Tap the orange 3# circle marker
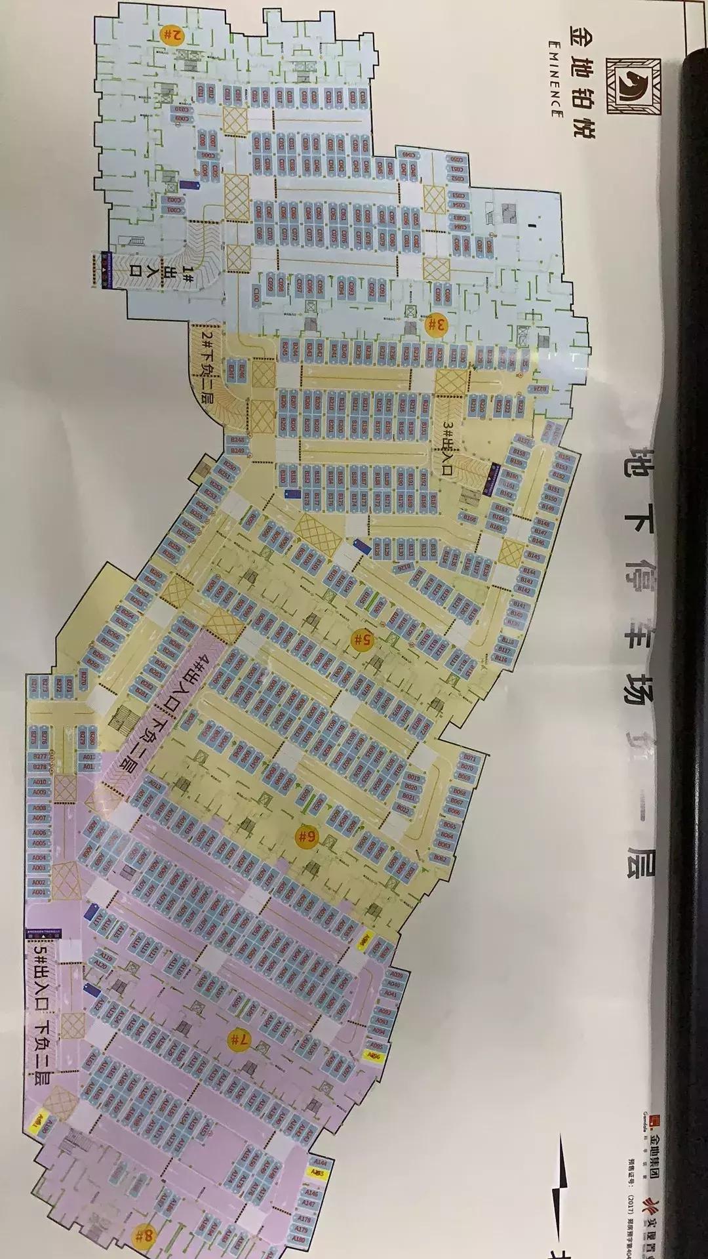point(436,323)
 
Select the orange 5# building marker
point(361,639)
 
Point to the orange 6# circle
point(305,837)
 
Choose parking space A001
point(39,892)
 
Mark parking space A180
point(300,1239)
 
